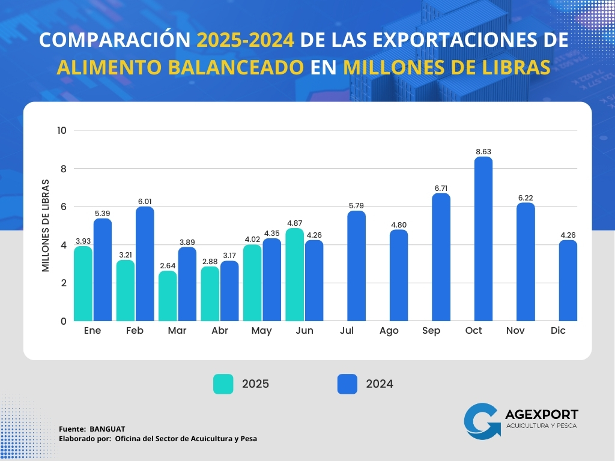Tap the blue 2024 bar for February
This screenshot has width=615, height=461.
pos(145,264)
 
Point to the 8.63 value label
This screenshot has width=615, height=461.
pos(483,152)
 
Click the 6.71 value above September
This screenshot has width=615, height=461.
pos(441,188)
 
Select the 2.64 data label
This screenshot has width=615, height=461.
pos(168,266)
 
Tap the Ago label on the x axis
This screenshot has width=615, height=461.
pos(389,331)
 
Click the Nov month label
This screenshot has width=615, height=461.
pos(516,331)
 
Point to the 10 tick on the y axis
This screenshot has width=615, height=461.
pos(62,130)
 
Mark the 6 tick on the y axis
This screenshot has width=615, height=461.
pos(62,206)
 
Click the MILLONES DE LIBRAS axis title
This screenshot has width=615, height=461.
pos(46,226)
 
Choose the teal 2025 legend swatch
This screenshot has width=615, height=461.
pos(223,384)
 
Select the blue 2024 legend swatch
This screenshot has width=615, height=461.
pos(347,384)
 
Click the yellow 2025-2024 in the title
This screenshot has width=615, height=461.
pos(246,40)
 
